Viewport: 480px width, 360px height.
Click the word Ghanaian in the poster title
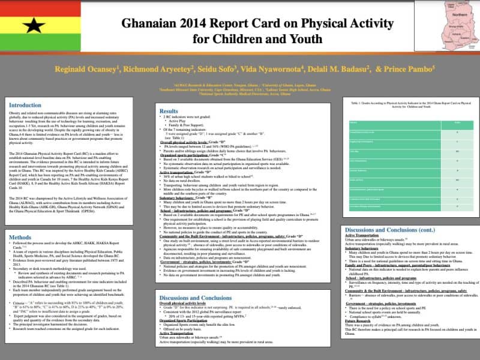(x=152, y=24)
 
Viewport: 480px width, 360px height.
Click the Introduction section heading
(x=25, y=105)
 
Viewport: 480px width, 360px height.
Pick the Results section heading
(x=170, y=112)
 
